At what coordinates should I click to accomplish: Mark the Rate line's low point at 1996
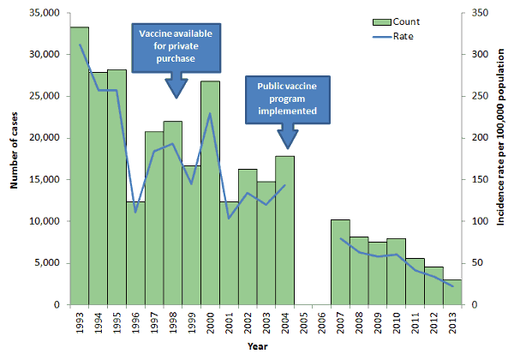tap(135, 212)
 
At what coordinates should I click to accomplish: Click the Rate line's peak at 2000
tap(210, 113)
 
